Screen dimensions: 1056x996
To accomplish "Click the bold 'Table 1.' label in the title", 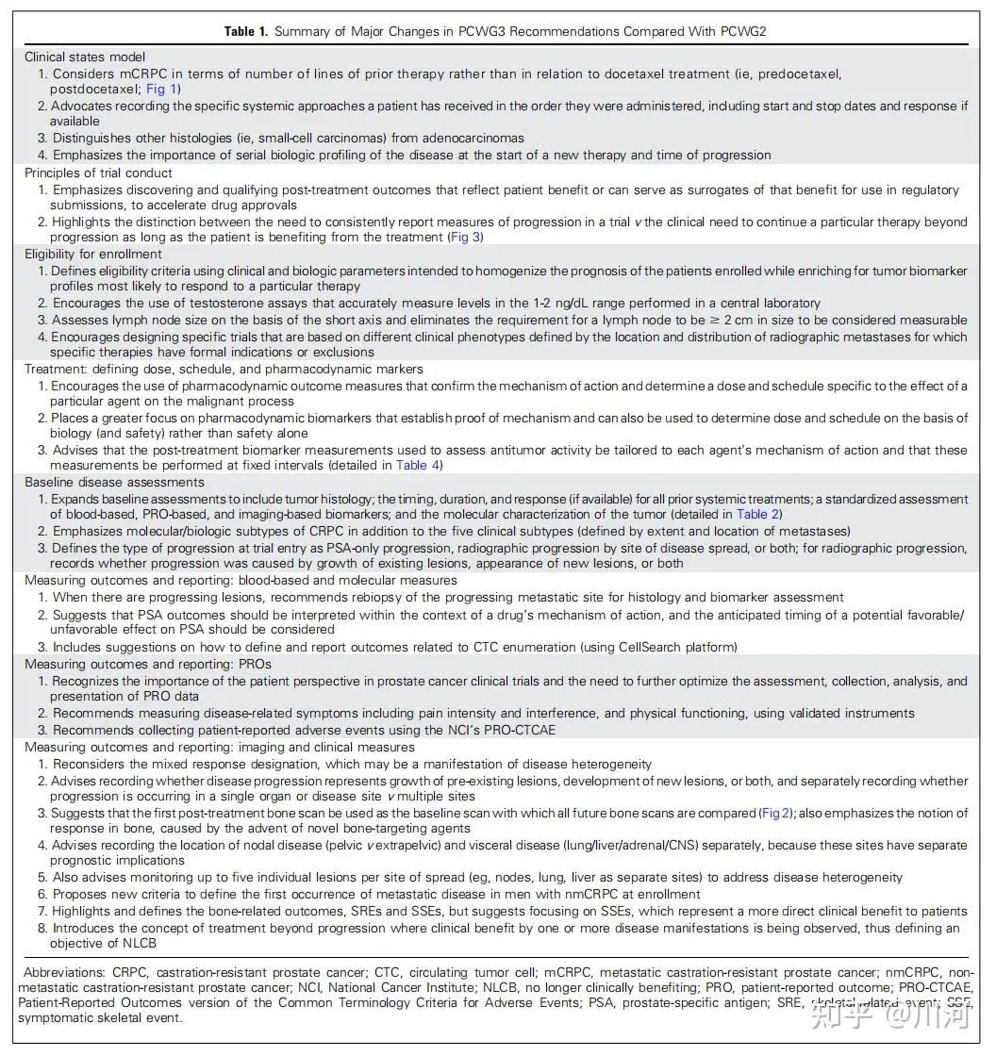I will click(x=245, y=32).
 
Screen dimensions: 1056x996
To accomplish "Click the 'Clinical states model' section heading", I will click(x=85, y=57).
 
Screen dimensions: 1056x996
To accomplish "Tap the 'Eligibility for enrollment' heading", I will click(x=94, y=254).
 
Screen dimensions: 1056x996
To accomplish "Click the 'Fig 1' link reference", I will click(x=161, y=89).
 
